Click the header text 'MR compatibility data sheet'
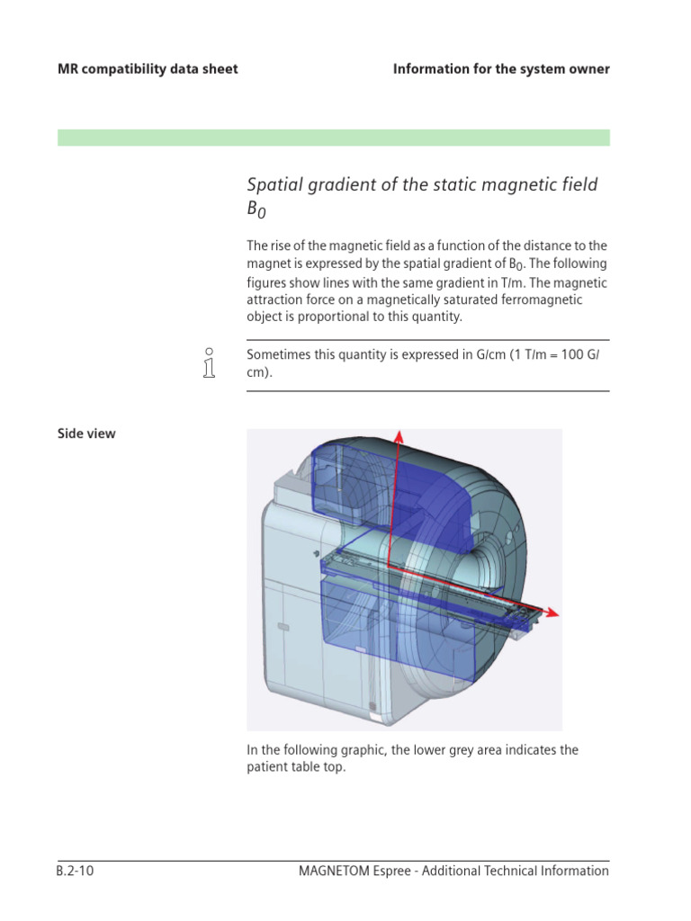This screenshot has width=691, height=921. click(148, 69)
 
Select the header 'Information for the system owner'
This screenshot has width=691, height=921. click(501, 69)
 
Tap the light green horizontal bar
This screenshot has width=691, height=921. click(333, 138)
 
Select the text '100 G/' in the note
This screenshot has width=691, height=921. click(588, 354)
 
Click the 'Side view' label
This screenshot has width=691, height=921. click(86, 434)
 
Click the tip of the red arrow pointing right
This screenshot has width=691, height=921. click(558, 614)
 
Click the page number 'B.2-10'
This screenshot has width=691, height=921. click(76, 871)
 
